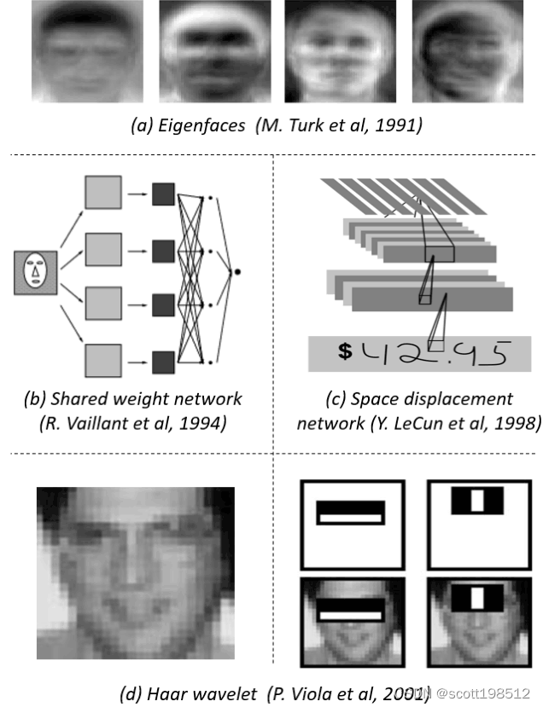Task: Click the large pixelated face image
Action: click(135, 572)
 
